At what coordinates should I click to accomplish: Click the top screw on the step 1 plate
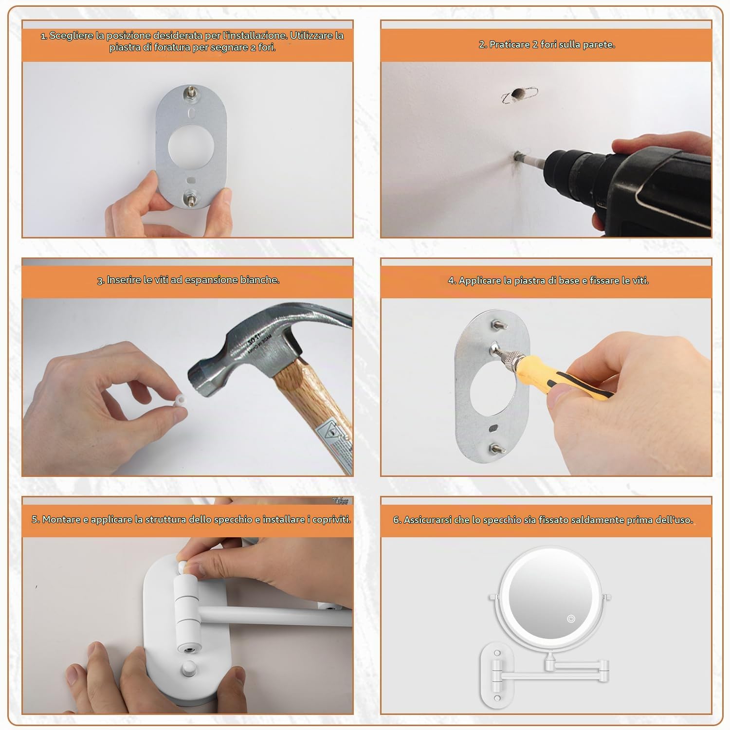point(190,92)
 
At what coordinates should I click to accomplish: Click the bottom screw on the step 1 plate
point(190,198)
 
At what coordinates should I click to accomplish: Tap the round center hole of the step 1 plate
point(190,146)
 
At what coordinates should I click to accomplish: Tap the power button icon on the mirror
point(571,619)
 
